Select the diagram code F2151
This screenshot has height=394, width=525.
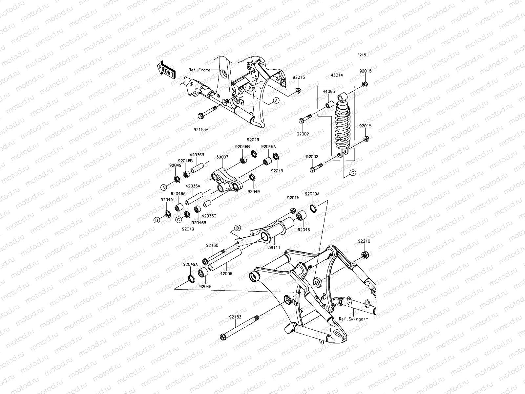tap(363, 55)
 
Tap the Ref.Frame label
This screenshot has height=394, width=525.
tap(199, 70)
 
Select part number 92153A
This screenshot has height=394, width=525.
tap(201, 130)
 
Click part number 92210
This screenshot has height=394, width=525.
tap(364, 241)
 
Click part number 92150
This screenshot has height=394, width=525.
tap(212, 245)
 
